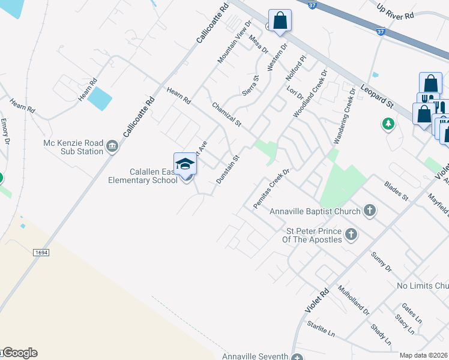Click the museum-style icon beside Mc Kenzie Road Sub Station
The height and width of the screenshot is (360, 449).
click(112, 146)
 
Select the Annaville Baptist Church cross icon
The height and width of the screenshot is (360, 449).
click(370, 211)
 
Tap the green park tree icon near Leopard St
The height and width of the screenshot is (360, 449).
click(388, 124)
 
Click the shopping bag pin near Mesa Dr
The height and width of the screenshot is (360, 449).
click(280, 21)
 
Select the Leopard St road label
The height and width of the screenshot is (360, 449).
click(377, 96)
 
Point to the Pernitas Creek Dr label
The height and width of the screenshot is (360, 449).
click(271, 188)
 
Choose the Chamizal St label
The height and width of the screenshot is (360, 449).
click(226, 114)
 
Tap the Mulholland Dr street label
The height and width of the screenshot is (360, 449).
click(354, 299)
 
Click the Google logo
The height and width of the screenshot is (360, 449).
click(19, 353)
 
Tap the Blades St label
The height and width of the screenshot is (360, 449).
click(396, 188)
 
